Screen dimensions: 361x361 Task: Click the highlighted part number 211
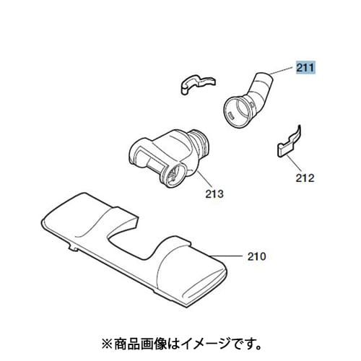tap(305, 68)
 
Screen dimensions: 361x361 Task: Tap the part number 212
tap(305, 178)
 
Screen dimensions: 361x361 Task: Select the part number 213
tap(214, 193)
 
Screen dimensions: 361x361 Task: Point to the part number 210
tap(257, 256)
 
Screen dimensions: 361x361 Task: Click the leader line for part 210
tap(225, 256)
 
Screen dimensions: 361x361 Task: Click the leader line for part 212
tap(294, 164)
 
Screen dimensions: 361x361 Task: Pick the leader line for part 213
tap(205, 179)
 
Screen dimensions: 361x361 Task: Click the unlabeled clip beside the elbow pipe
tap(197, 84)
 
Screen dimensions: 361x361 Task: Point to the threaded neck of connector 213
tap(200, 144)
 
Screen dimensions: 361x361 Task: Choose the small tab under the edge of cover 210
tap(73, 248)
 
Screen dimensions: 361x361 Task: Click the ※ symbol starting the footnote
tap(108, 344)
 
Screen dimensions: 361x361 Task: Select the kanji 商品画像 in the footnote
tap(140, 344)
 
